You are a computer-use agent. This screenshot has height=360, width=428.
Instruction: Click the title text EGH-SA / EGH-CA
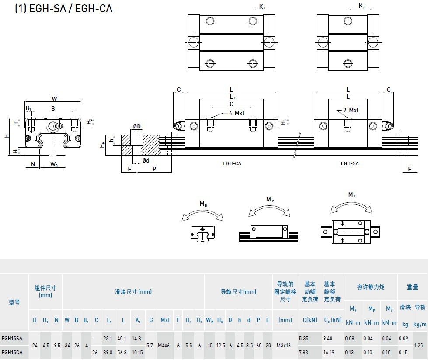point(64,8)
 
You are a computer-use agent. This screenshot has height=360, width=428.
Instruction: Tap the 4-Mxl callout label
point(237,114)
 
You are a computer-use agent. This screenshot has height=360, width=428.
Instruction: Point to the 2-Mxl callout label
point(351,110)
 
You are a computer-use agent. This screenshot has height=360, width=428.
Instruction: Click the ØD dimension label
point(137,127)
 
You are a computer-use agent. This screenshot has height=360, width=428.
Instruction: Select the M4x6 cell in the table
point(165,345)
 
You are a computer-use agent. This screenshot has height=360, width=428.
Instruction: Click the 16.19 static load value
point(329,352)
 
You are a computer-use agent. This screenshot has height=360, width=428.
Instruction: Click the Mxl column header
point(165,320)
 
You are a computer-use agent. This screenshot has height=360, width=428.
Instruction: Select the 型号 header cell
point(14,302)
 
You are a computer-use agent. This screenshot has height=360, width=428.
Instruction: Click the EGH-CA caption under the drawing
point(232,163)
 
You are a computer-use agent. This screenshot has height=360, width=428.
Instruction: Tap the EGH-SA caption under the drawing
point(350,163)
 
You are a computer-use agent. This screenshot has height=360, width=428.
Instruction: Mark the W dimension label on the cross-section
point(54,98)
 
